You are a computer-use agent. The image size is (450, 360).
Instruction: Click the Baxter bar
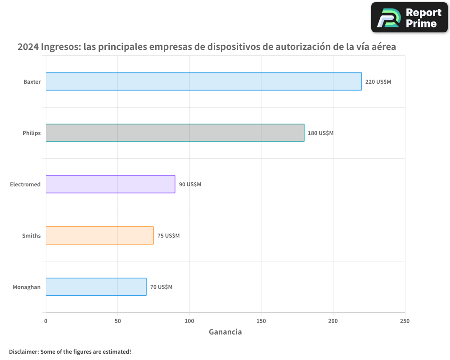(x=203, y=81)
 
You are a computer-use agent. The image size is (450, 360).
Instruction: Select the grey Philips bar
(x=175, y=133)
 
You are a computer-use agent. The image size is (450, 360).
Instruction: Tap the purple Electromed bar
(x=110, y=184)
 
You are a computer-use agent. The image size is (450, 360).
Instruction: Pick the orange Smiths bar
(x=99, y=235)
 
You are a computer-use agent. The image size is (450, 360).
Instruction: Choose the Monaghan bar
(x=96, y=287)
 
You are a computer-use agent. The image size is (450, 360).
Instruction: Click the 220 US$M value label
(x=378, y=82)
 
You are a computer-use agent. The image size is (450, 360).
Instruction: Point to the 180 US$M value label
(x=320, y=133)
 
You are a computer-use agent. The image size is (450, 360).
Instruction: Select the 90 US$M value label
(x=190, y=184)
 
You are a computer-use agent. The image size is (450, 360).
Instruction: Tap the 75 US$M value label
(x=168, y=236)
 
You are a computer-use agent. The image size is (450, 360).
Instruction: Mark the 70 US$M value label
(x=161, y=287)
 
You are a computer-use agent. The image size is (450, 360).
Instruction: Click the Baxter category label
(x=32, y=82)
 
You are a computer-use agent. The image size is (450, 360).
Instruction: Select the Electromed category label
(x=25, y=184)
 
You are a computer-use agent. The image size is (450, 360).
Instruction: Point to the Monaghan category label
(x=27, y=287)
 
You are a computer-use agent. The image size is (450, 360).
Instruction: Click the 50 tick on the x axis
(x=117, y=321)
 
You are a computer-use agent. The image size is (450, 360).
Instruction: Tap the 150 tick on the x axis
(x=261, y=321)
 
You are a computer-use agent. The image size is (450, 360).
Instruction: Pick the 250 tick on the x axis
(x=405, y=321)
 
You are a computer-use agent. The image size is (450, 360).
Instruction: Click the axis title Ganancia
(x=225, y=332)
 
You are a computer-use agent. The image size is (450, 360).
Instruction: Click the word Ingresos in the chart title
(x=61, y=47)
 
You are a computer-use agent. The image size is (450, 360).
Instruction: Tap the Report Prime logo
(x=409, y=18)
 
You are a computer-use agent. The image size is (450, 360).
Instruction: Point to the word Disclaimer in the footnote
(x=23, y=351)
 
